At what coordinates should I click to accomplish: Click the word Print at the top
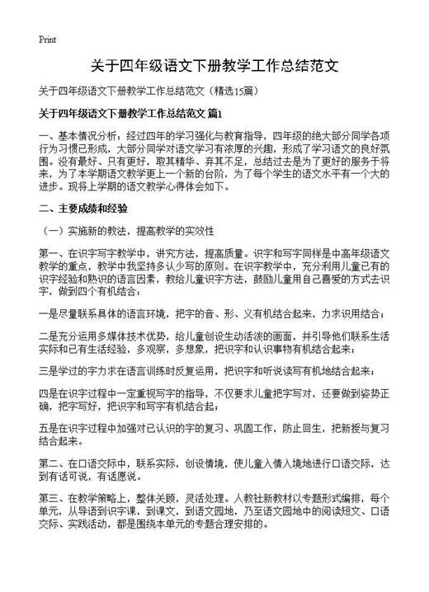[47, 40]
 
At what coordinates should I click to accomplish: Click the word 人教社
[249, 498]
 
